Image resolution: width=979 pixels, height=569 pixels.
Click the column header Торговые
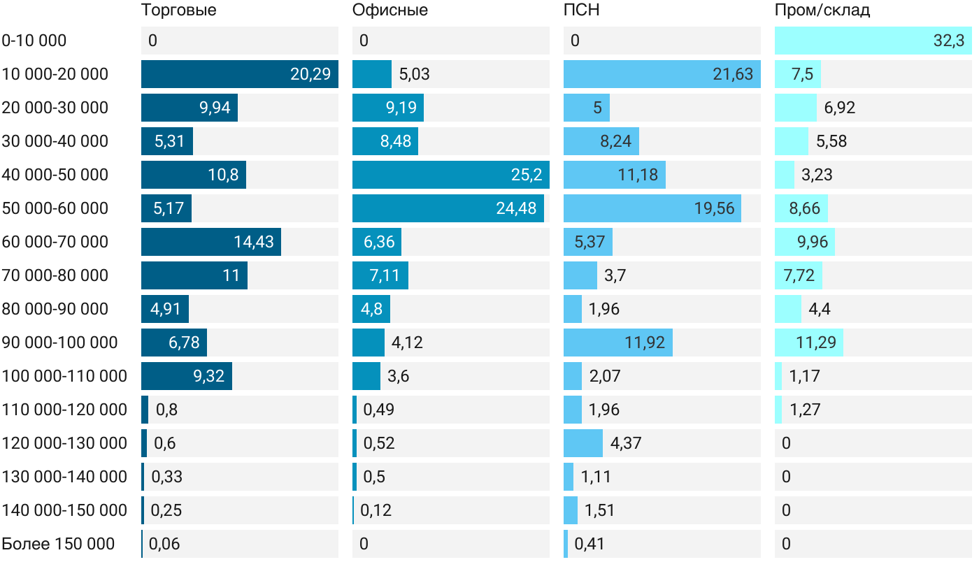178,10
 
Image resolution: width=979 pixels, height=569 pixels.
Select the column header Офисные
390,10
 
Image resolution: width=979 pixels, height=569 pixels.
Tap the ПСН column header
582,10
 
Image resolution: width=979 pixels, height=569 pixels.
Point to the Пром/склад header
822,10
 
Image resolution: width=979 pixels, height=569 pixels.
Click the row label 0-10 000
34,41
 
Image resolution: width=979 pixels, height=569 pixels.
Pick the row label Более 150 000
58,544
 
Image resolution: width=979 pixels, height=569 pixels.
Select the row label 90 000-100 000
60,343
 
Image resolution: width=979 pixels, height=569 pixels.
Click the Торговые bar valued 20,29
239,74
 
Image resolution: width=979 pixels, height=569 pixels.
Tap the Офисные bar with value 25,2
450,175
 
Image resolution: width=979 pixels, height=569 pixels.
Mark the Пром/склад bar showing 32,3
873,41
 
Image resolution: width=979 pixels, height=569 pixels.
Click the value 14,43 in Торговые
254,242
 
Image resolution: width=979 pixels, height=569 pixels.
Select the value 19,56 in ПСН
715,208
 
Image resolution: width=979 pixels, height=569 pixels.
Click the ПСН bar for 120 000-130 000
583,443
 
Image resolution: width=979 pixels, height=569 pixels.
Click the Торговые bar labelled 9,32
187,376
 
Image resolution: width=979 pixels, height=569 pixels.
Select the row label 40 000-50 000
55,175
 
